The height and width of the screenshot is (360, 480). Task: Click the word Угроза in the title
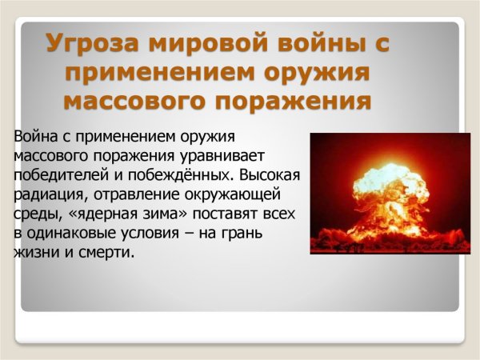(x=89, y=44)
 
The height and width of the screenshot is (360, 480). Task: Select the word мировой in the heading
(x=200, y=44)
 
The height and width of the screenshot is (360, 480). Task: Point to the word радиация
(x=45, y=194)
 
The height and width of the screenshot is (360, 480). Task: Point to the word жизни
(x=34, y=253)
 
